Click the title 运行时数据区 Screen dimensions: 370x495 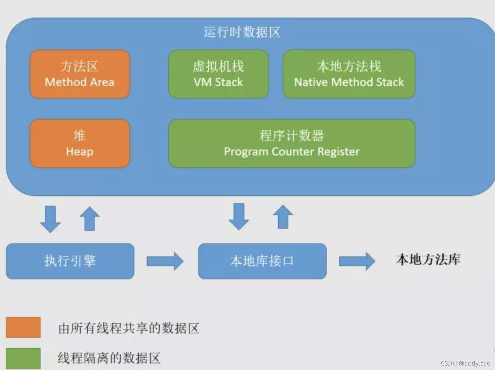242,32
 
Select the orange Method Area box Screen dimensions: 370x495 80,74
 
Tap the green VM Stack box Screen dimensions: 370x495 218,74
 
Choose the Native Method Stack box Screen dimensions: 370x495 349,74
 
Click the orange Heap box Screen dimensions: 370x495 80,143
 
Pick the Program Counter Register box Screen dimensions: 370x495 291,143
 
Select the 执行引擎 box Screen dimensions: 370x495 70,261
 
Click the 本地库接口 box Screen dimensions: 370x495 262,261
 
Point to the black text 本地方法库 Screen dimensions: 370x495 428,260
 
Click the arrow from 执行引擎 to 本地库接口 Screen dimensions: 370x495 165,261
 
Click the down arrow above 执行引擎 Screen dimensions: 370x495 50,219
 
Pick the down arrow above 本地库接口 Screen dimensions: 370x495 239,216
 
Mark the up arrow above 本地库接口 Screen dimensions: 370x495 283,217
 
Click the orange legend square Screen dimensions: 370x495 23,327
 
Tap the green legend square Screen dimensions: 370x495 23,358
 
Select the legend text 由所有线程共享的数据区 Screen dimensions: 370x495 129,328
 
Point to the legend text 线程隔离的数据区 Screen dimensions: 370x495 109,358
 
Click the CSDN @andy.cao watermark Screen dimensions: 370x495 465,363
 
